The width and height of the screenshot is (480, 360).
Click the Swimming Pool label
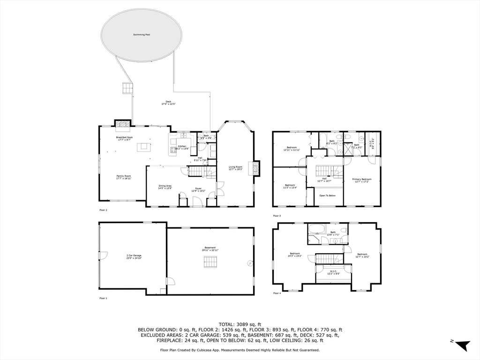coord(142,35)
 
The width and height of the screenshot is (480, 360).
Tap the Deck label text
coord(168,103)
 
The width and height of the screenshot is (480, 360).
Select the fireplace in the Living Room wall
coord(256,168)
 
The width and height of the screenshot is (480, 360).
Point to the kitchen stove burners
coord(172,150)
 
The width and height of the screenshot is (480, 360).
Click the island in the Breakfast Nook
coord(142,147)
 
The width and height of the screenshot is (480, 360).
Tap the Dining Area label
coord(165,187)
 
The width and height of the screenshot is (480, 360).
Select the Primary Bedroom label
coord(362,180)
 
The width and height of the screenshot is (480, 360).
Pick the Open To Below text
coord(327,195)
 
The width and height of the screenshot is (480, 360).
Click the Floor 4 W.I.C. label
coord(333,272)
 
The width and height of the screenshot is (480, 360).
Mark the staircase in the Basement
coord(210,262)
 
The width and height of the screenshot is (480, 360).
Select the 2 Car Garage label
coord(134,257)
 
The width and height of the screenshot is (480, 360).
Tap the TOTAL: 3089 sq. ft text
coord(240,324)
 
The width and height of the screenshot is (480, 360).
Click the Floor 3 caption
coord(277,216)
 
